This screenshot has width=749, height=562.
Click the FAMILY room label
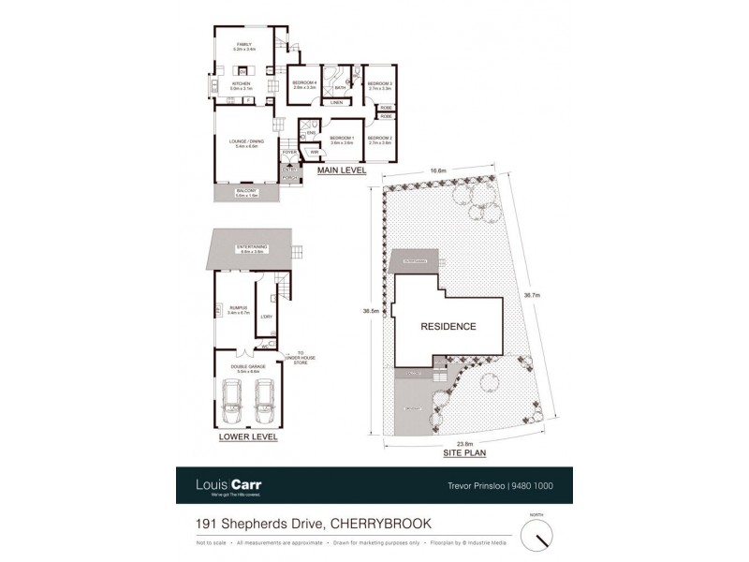click(244, 45)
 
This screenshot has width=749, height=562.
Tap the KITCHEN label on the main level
click(242, 84)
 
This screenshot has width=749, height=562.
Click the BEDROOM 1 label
click(341, 138)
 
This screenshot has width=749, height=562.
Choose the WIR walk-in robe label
click(314, 150)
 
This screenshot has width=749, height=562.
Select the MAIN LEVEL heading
click(342, 171)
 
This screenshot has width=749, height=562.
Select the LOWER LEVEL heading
click(247, 436)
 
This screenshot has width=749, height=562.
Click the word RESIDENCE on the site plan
click(447, 327)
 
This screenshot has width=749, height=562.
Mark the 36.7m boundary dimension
click(532, 294)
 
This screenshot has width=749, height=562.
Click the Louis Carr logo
click(228, 485)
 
